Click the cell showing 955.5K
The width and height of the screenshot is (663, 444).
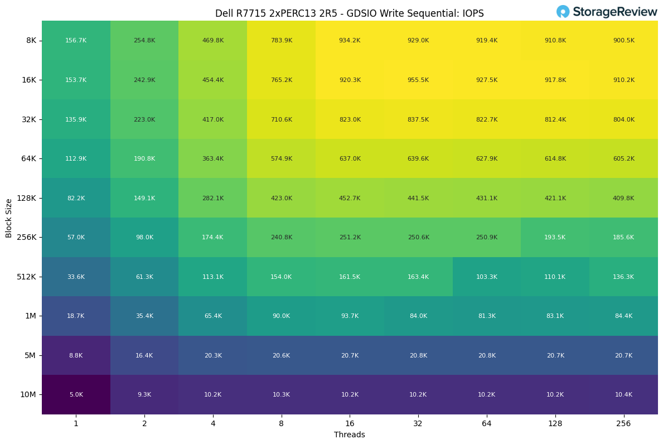coord(418,80)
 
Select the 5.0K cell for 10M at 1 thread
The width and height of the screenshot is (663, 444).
coord(76,395)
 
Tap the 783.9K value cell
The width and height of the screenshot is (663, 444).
coord(281,41)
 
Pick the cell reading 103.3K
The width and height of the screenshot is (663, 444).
coord(486,277)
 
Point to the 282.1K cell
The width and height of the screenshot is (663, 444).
coord(212,199)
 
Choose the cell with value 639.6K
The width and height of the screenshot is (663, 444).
coord(418,159)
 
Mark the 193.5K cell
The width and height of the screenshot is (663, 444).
coord(555,238)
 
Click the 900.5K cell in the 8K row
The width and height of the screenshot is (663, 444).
coord(623,41)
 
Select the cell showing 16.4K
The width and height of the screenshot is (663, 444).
coord(144,356)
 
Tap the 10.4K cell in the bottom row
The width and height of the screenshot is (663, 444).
coord(623,395)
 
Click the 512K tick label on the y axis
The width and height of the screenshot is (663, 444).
coord(27,277)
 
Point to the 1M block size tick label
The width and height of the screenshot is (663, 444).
coord(30,316)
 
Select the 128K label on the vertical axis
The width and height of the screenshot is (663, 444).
coord(27,198)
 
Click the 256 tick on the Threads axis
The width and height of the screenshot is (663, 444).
coord(623,424)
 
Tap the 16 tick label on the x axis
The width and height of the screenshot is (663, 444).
coord(350,424)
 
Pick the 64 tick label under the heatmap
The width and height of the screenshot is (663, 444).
coord(486,424)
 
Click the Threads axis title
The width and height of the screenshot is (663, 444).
coord(350,435)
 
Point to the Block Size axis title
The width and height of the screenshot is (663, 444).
coord(9,218)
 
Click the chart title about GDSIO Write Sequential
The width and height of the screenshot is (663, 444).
coord(350,13)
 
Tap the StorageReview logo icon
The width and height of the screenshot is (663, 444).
coord(563,12)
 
